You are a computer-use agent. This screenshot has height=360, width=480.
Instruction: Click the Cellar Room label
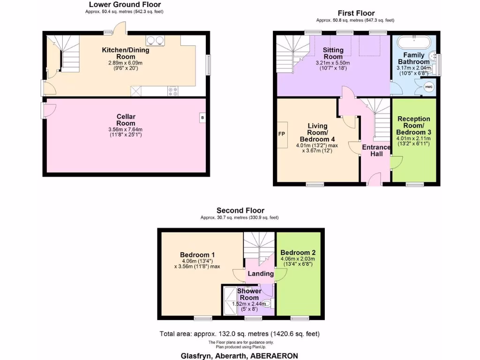click(x=126, y=120)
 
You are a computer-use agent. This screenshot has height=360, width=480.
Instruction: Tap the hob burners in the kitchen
click(x=172, y=91)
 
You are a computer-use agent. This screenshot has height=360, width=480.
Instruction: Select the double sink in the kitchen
click(x=154, y=40)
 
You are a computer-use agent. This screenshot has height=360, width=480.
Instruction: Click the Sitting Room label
click(x=333, y=53)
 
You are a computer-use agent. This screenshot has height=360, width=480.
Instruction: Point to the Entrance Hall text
click(x=376, y=150)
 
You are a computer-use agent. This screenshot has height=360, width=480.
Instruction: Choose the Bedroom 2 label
click(x=298, y=252)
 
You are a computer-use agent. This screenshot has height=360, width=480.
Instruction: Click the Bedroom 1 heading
click(x=198, y=255)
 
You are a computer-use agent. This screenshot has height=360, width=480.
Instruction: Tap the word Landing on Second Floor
click(x=261, y=274)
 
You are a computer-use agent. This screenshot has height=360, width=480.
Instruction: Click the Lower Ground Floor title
click(x=125, y=5)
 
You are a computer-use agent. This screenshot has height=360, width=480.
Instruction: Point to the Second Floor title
click(x=240, y=211)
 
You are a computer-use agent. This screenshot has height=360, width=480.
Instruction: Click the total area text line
click(x=240, y=334)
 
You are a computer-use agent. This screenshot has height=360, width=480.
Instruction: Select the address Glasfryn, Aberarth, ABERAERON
click(x=240, y=355)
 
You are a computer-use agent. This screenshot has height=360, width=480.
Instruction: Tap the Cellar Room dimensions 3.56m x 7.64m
click(x=126, y=129)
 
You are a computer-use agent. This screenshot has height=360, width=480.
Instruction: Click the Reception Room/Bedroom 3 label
click(x=413, y=126)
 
